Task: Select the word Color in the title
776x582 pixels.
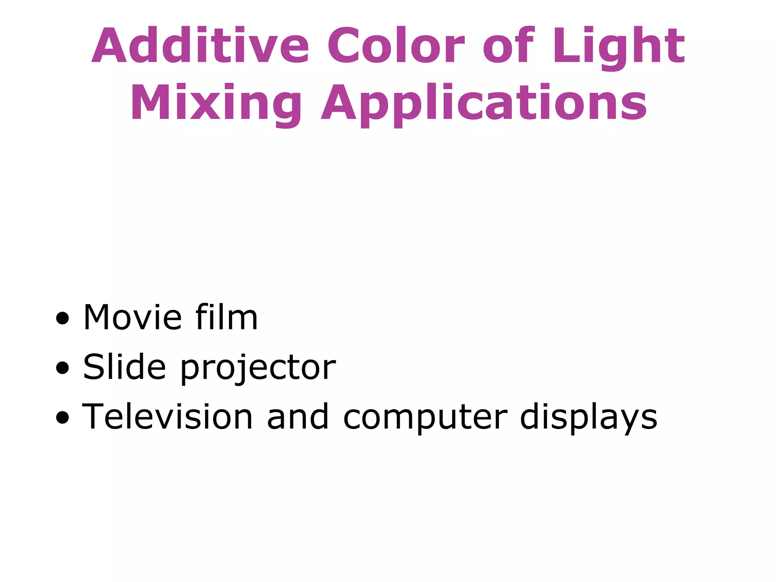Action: (x=396, y=45)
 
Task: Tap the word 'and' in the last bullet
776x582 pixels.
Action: (x=298, y=417)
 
